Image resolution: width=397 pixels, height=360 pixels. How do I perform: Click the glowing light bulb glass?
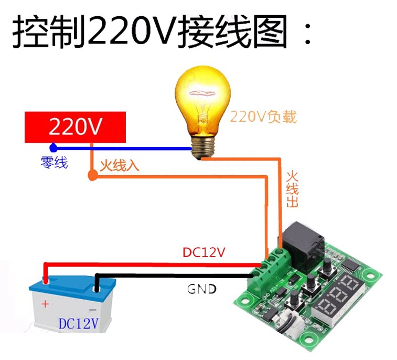(x=202, y=100)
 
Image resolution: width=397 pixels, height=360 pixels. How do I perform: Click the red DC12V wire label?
(x=204, y=252)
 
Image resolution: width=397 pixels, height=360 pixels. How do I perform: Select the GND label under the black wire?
(x=202, y=289)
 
